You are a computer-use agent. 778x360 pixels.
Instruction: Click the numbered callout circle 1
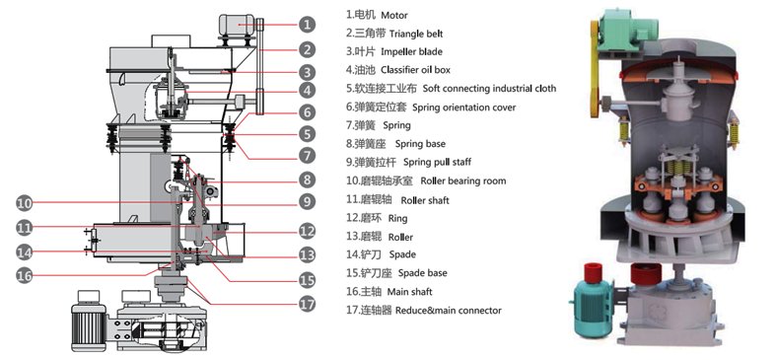(307, 25)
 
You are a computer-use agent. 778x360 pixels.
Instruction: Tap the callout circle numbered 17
(308, 304)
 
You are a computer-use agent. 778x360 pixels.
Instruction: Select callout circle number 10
(25, 202)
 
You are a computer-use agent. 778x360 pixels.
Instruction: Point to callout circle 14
(25, 252)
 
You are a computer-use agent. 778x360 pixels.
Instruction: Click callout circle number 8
(308, 180)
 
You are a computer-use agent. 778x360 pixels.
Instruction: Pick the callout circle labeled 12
(308, 231)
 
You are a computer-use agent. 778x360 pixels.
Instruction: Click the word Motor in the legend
(394, 15)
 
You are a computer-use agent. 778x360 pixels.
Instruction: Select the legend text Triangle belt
(416, 34)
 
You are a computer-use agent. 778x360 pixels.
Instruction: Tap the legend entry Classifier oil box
(416, 70)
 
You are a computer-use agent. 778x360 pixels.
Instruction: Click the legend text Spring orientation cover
(463, 108)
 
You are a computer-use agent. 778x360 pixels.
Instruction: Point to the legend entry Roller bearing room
(463, 180)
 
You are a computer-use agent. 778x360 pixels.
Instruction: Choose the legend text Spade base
(423, 273)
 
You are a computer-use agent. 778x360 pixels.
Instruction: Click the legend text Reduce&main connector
(449, 311)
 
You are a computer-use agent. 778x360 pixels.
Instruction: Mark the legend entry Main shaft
(410, 292)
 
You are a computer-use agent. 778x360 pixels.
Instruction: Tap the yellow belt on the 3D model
(595, 69)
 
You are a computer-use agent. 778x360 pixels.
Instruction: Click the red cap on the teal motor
(593, 272)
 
